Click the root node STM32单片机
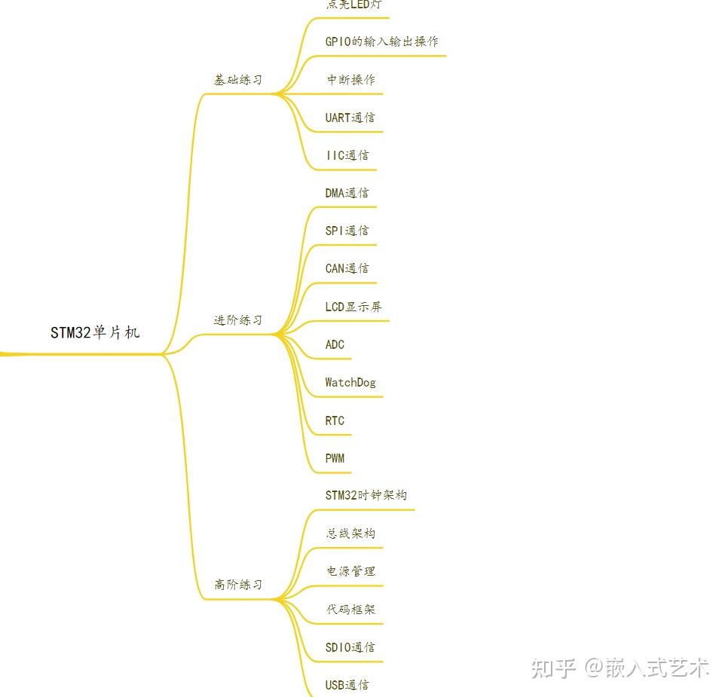pos(95,332)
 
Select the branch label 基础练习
pos(238,80)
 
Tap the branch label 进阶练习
pos(238,320)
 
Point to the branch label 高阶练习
pos(238,585)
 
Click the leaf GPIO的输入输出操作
pos(381,41)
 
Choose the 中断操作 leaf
pos(350,80)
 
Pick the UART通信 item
pos(350,118)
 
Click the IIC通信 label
pos(347,155)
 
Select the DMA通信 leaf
pos(347,193)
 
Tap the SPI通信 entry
pos(347,231)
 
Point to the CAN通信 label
pos(347,268)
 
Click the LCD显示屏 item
pos(353,307)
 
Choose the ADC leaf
pos(335,344)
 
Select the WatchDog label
pos(350,382)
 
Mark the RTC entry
pos(335,420)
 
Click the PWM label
pos(335,458)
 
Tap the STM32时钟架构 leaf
pos(366,495)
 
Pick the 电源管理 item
pos(350,571)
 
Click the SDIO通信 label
pos(350,647)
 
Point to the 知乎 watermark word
pos(554,668)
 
